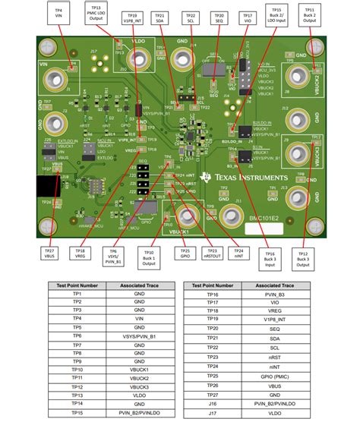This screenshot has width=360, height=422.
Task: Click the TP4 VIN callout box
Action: coord(58,14)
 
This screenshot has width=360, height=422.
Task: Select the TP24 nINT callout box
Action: coord(239,254)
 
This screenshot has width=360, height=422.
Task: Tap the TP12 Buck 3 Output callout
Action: coord(302,258)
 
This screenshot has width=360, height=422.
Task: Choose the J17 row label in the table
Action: coord(215,413)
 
